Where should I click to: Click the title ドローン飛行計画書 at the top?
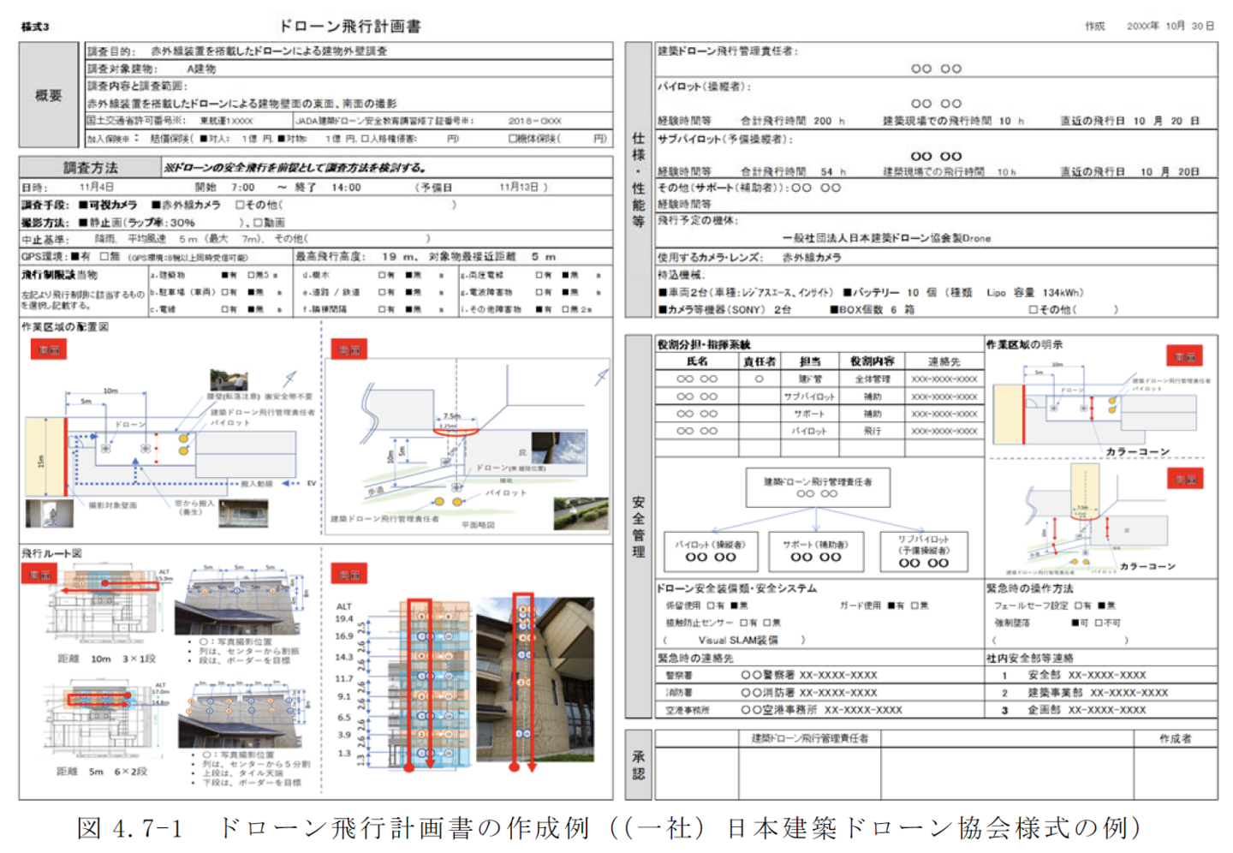[350, 27]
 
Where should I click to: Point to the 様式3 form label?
[35, 27]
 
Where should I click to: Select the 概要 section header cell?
[49, 95]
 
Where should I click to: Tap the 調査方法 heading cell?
[91, 167]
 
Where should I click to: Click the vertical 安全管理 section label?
[639, 526]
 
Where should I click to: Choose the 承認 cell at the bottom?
[639, 765]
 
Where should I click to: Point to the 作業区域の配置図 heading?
[65, 327]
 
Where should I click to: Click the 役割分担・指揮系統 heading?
[704, 344]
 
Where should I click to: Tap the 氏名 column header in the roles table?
[697, 361]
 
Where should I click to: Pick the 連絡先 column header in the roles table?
[944, 361]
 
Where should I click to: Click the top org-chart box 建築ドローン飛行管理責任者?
[818, 487]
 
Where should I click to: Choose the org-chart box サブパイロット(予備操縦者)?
[923, 552]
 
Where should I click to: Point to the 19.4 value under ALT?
[344, 618]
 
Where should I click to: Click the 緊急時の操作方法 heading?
[1029, 588]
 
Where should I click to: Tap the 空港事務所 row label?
[688, 710]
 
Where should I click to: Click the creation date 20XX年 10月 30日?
[1170, 27]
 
